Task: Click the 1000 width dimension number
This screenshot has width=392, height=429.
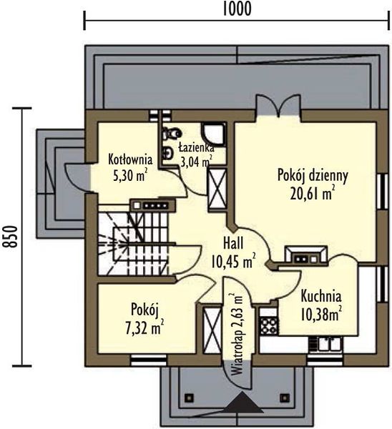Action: [x=237, y=9]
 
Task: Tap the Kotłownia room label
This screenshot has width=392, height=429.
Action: [x=130, y=159]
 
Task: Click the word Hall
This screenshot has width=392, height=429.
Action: [x=233, y=243]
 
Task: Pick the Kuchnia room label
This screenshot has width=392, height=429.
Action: [x=321, y=297]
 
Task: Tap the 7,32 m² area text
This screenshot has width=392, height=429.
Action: [x=144, y=327]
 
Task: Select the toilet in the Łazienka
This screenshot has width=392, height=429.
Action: [x=172, y=134]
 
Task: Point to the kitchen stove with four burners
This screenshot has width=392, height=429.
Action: [x=269, y=326]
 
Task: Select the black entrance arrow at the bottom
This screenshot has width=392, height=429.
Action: [x=242, y=401]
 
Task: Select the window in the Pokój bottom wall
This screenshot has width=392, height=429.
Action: [x=148, y=360]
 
